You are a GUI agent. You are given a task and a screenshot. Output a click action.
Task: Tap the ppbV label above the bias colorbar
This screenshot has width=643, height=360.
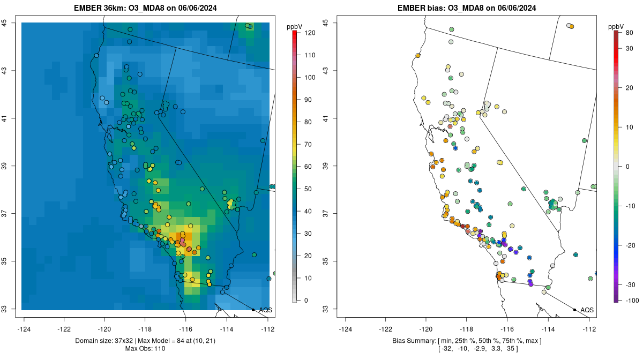point(617,26)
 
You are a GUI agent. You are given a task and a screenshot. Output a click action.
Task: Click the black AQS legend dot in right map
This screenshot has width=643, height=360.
point(574,310)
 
